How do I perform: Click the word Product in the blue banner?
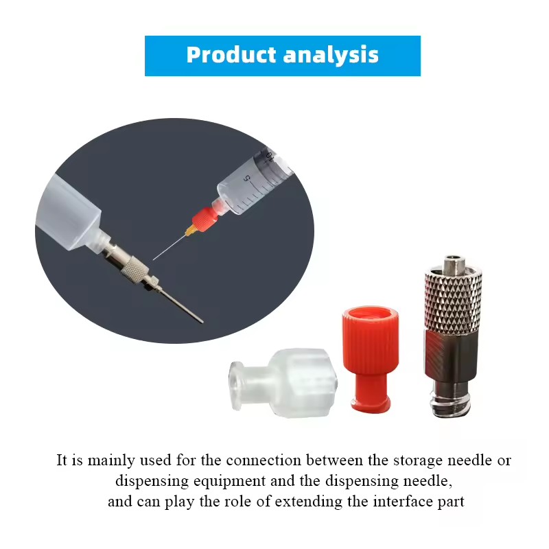pos(231,55)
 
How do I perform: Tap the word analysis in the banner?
pos(331,55)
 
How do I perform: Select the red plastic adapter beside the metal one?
pos(371,359)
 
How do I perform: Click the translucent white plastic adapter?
pos(283,382)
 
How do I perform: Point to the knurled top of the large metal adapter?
pos(453,300)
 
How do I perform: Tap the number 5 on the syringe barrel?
pos(247,178)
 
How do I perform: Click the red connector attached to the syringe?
pos(205,218)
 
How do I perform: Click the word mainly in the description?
pos(111,460)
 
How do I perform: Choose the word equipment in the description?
pos(229,481)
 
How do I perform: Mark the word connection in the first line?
pos(264,460)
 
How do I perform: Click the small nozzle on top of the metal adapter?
pos(454,265)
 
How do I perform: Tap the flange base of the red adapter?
pos(371,405)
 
